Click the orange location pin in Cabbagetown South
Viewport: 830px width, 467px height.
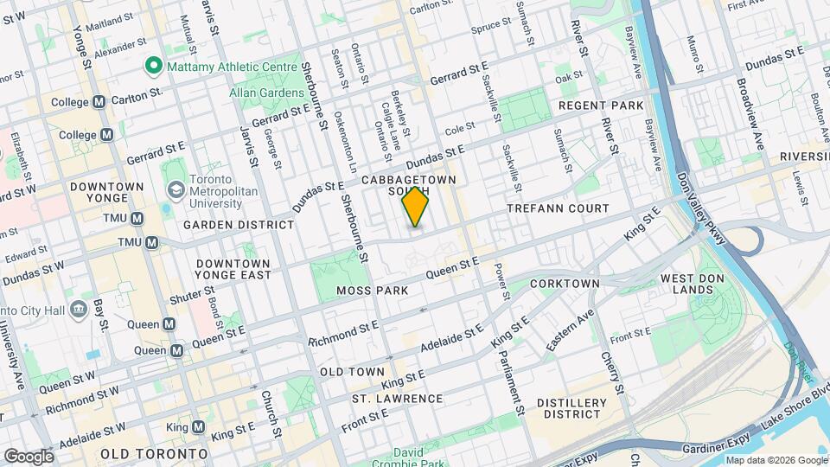pyautogui.click(x=416, y=207)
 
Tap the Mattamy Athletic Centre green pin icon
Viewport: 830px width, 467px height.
pyautogui.click(x=154, y=65)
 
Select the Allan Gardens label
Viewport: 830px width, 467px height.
pyautogui.click(x=265, y=92)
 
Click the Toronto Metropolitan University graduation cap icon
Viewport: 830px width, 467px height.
pyautogui.click(x=176, y=189)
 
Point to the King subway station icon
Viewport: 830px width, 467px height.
pyautogui.click(x=198, y=427)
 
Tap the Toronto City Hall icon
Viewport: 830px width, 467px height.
pyautogui.click(x=79, y=309)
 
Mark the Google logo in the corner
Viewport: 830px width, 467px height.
pyautogui.click(x=28, y=456)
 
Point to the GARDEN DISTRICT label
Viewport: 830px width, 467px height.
pyautogui.click(x=239, y=225)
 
